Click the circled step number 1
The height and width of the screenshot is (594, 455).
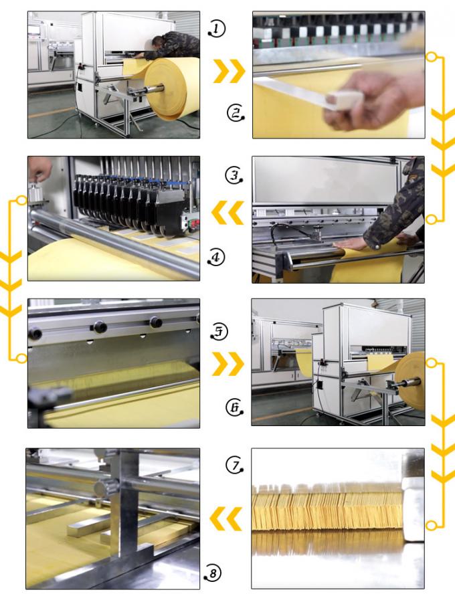216,28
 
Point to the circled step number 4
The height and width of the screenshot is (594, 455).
215,257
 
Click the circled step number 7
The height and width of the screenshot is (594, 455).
234,464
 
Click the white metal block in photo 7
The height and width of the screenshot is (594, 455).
414,495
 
